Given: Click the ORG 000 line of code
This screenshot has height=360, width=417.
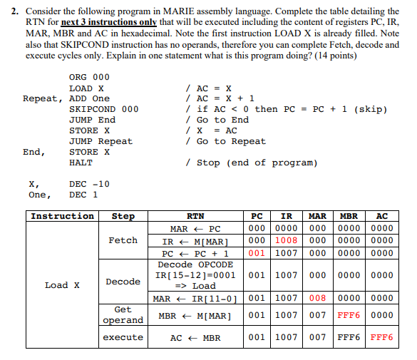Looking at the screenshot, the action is tap(89, 77).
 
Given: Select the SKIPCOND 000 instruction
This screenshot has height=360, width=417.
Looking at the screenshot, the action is tap(103, 109).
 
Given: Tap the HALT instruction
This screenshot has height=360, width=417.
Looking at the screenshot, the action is tap(81, 163).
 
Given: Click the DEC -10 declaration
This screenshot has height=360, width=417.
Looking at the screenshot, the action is tap(89, 184).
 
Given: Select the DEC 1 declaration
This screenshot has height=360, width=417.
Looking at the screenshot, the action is tap(84, 195).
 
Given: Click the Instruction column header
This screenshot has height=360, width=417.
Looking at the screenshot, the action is tap(62, 216).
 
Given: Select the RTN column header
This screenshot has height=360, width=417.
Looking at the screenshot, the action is tap(195, 216).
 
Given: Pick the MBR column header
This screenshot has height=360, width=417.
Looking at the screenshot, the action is tap(349, 216).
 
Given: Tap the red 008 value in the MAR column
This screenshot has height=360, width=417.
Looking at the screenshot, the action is tap(317, 298).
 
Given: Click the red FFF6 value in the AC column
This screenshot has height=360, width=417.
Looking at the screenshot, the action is tap(382, 337).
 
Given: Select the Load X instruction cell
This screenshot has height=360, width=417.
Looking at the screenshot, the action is tap(62, 285).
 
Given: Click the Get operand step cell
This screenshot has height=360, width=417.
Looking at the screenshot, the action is tap(123, 315).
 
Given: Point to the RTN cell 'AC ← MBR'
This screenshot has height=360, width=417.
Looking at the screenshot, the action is tap(195, 337).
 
